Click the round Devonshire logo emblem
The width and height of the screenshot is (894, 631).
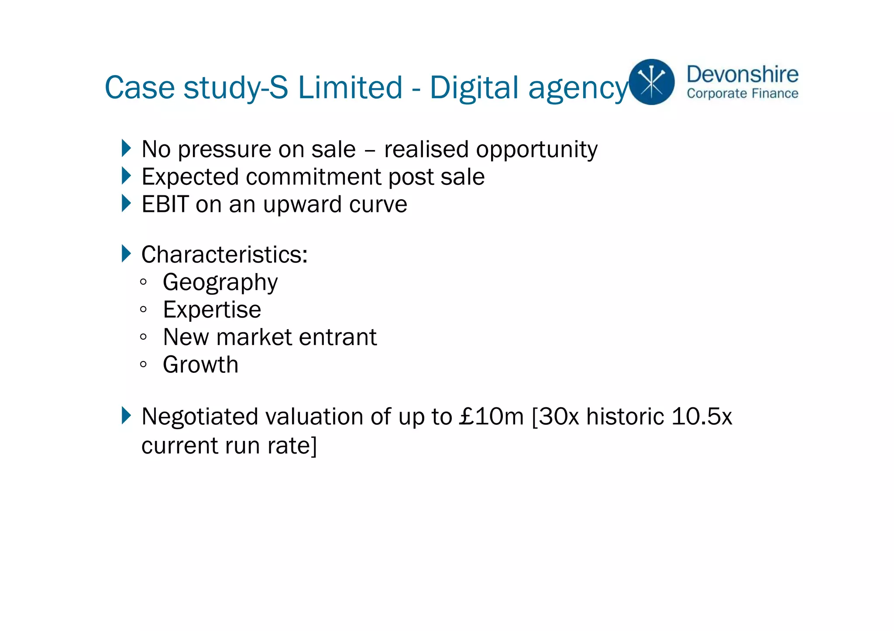click(651, 82)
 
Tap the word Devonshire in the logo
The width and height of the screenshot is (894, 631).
click(742, 74)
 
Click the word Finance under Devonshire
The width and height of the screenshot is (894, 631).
click(775, 94)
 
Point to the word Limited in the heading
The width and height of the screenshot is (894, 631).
click(350, 88)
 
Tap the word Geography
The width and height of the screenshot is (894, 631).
click(220, 283)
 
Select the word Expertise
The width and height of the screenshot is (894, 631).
click(212, 310)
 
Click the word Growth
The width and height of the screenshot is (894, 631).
click(200, 365)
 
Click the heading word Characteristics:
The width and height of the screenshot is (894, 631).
click(224, 254)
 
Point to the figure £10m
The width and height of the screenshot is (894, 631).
click(491, 416)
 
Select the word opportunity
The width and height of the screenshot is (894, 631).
click(536, 150)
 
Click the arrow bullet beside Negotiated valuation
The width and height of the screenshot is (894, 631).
click(126, 416)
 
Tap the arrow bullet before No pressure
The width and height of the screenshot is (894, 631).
click(126, 148)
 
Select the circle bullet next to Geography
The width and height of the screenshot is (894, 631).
click(143, 282)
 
